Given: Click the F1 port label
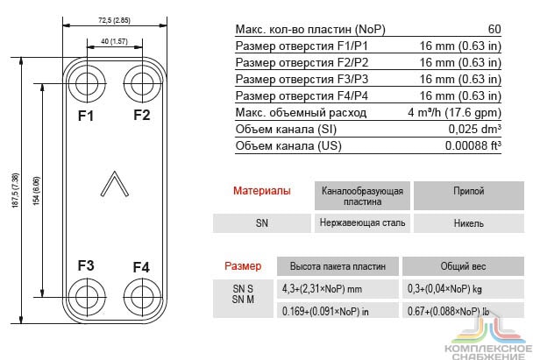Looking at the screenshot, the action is coord(86,116).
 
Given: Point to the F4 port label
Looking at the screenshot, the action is coord(141,267).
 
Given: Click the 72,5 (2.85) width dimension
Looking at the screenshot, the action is coord(114,20).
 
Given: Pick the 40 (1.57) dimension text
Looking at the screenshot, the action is coord(114,41).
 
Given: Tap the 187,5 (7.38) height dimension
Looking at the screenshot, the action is coord(15,191).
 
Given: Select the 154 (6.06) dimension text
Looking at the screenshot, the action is coord(36,191).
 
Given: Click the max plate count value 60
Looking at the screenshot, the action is coord(494,29).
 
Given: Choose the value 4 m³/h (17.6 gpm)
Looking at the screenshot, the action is coord(454,113).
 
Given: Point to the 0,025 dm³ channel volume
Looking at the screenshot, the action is coord(474,130).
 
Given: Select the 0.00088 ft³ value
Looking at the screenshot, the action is coord(473,146).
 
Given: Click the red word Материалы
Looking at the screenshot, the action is coord(262,191).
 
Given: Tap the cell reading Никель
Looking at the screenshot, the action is coord(469,223).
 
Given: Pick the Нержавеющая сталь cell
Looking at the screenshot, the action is coord(362,223).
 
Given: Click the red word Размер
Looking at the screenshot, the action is coord(243,266).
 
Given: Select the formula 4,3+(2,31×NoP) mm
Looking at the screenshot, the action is coord(322,289).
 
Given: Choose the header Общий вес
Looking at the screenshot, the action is coord(464,266).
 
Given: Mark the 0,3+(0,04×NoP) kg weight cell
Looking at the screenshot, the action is coord(444,289).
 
